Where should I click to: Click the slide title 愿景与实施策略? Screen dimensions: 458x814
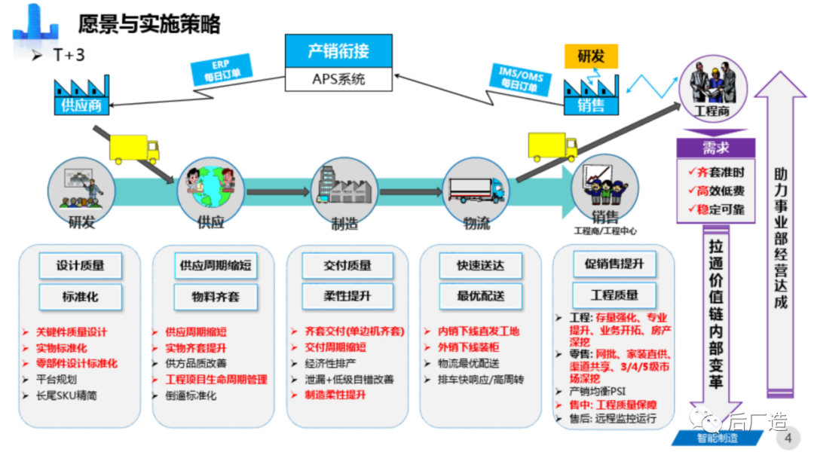point(148,24)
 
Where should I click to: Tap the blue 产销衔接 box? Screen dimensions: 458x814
point(338,51)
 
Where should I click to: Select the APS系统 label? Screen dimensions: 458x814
point(338,78)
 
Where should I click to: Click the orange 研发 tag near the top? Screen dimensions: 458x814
point(591,56)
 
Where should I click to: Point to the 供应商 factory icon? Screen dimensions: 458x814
point(81,96)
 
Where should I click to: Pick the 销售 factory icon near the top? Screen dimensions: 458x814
point(590,94)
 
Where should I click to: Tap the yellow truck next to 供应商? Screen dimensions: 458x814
point(135,149)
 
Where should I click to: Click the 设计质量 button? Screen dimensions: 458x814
point(80,265)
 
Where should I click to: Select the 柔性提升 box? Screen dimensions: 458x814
point(347,296)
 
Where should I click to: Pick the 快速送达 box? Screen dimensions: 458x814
point(480,265)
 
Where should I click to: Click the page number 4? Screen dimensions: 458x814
point(788,438)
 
